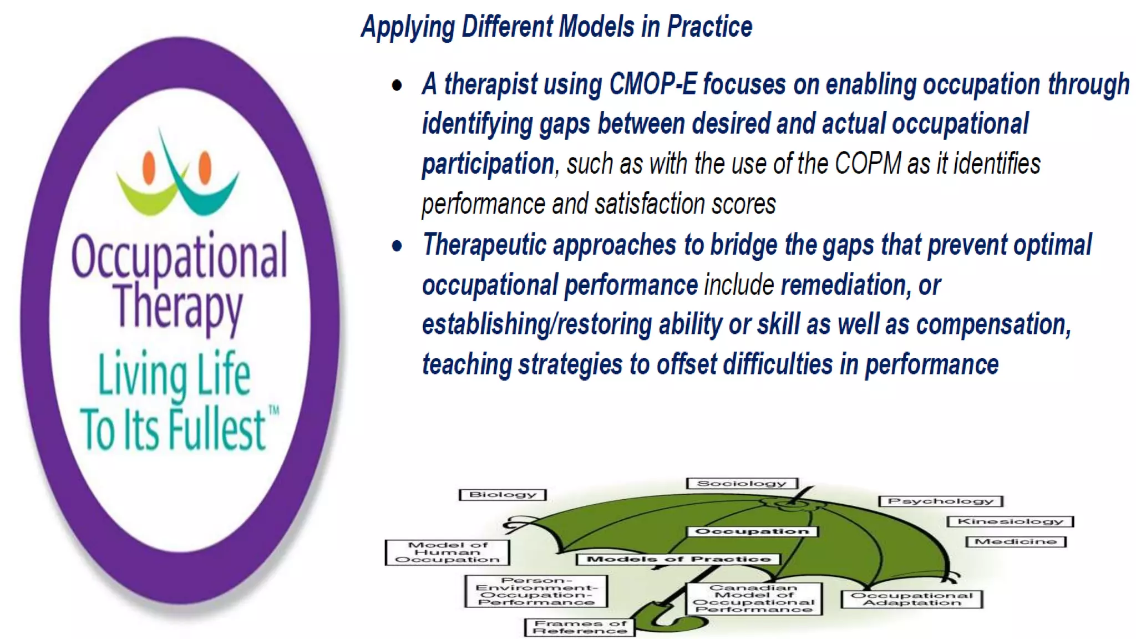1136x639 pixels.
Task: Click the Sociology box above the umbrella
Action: pyautogui.click(x=742, y=484)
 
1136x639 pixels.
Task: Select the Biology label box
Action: pyautogui.click(x=503, y=495)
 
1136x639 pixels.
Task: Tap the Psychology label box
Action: pyautogui.click(x=941, y=501)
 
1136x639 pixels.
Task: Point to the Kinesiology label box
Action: pyautogui.click(x=1010, y=521)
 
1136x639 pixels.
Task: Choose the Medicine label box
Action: pyautogui.click(x=1016, y=541)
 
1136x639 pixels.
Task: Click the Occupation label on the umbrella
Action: pyautogui.click(x=752, y=531)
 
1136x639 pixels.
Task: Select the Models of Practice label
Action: pyautogui.click(x=678, y=559)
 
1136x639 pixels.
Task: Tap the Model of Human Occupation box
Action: pyautogui.click(x=447, y=552)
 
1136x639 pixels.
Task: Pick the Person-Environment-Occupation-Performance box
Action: pyautogui.click(x=536, y=591)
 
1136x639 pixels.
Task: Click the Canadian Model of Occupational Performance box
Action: pyautogui.click(x=754, y=599)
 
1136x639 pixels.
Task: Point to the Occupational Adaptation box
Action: pyautogui.click(x=911, y=599)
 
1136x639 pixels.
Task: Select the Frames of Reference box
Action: pyautogui.click(x=580, y=627)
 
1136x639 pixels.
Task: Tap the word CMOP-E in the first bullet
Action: pyautogui.click(x=652, y=85)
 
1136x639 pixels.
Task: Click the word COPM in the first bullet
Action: pyautogui.click(x=868, y=164)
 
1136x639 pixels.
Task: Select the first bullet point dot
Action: pyautogui.click(x=397, y=86)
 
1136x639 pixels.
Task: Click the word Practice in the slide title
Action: pyautogui.click(x=709, y=27)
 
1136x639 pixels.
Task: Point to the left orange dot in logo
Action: pyautogui.click(x=149, y=167)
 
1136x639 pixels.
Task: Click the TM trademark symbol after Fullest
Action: pyautogui.click(x=273, y=411)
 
